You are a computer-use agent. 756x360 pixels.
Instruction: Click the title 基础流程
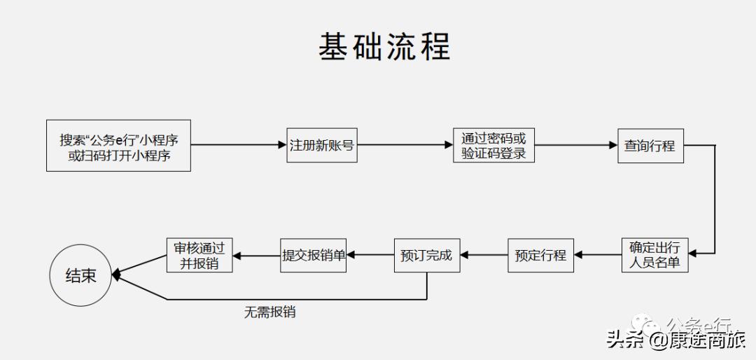(x=384, y=47)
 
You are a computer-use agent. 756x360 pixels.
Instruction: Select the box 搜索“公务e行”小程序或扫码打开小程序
(x=119, y=146)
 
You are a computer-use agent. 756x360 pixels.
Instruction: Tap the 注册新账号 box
(x=321, y=146)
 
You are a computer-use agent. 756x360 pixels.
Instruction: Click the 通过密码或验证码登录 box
(x=493, y=146)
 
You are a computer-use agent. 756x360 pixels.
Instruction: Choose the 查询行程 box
(x=650, y=146)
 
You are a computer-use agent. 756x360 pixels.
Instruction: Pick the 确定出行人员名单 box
(x=655, y=255)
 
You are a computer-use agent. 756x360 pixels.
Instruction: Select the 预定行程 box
(x=540, y=255)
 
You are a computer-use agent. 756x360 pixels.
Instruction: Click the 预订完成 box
(x=426, y=255)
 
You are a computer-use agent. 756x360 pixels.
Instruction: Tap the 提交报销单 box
(x=314, y=255)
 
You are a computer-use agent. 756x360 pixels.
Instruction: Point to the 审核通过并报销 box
(x=199, y=255)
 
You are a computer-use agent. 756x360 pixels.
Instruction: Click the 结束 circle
(x=80, y=275)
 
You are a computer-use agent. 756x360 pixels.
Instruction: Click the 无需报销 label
(x=269, y=312)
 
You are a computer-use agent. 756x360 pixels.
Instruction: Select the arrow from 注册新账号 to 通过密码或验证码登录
(x=404, y=146)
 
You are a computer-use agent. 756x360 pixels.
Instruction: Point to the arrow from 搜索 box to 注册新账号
(x=239, y=146)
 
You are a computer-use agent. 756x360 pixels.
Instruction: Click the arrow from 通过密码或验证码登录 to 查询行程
(x=575, y=146)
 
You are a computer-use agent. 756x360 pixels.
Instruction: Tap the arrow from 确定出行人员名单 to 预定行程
(x=597, y=255)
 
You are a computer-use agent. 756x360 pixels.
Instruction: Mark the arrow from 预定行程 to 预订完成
(x=484, y=255)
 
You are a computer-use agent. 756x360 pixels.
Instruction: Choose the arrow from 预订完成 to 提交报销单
(x=370, y=255)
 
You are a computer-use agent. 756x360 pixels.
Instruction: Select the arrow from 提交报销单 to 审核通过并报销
(x=256, y=255)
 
